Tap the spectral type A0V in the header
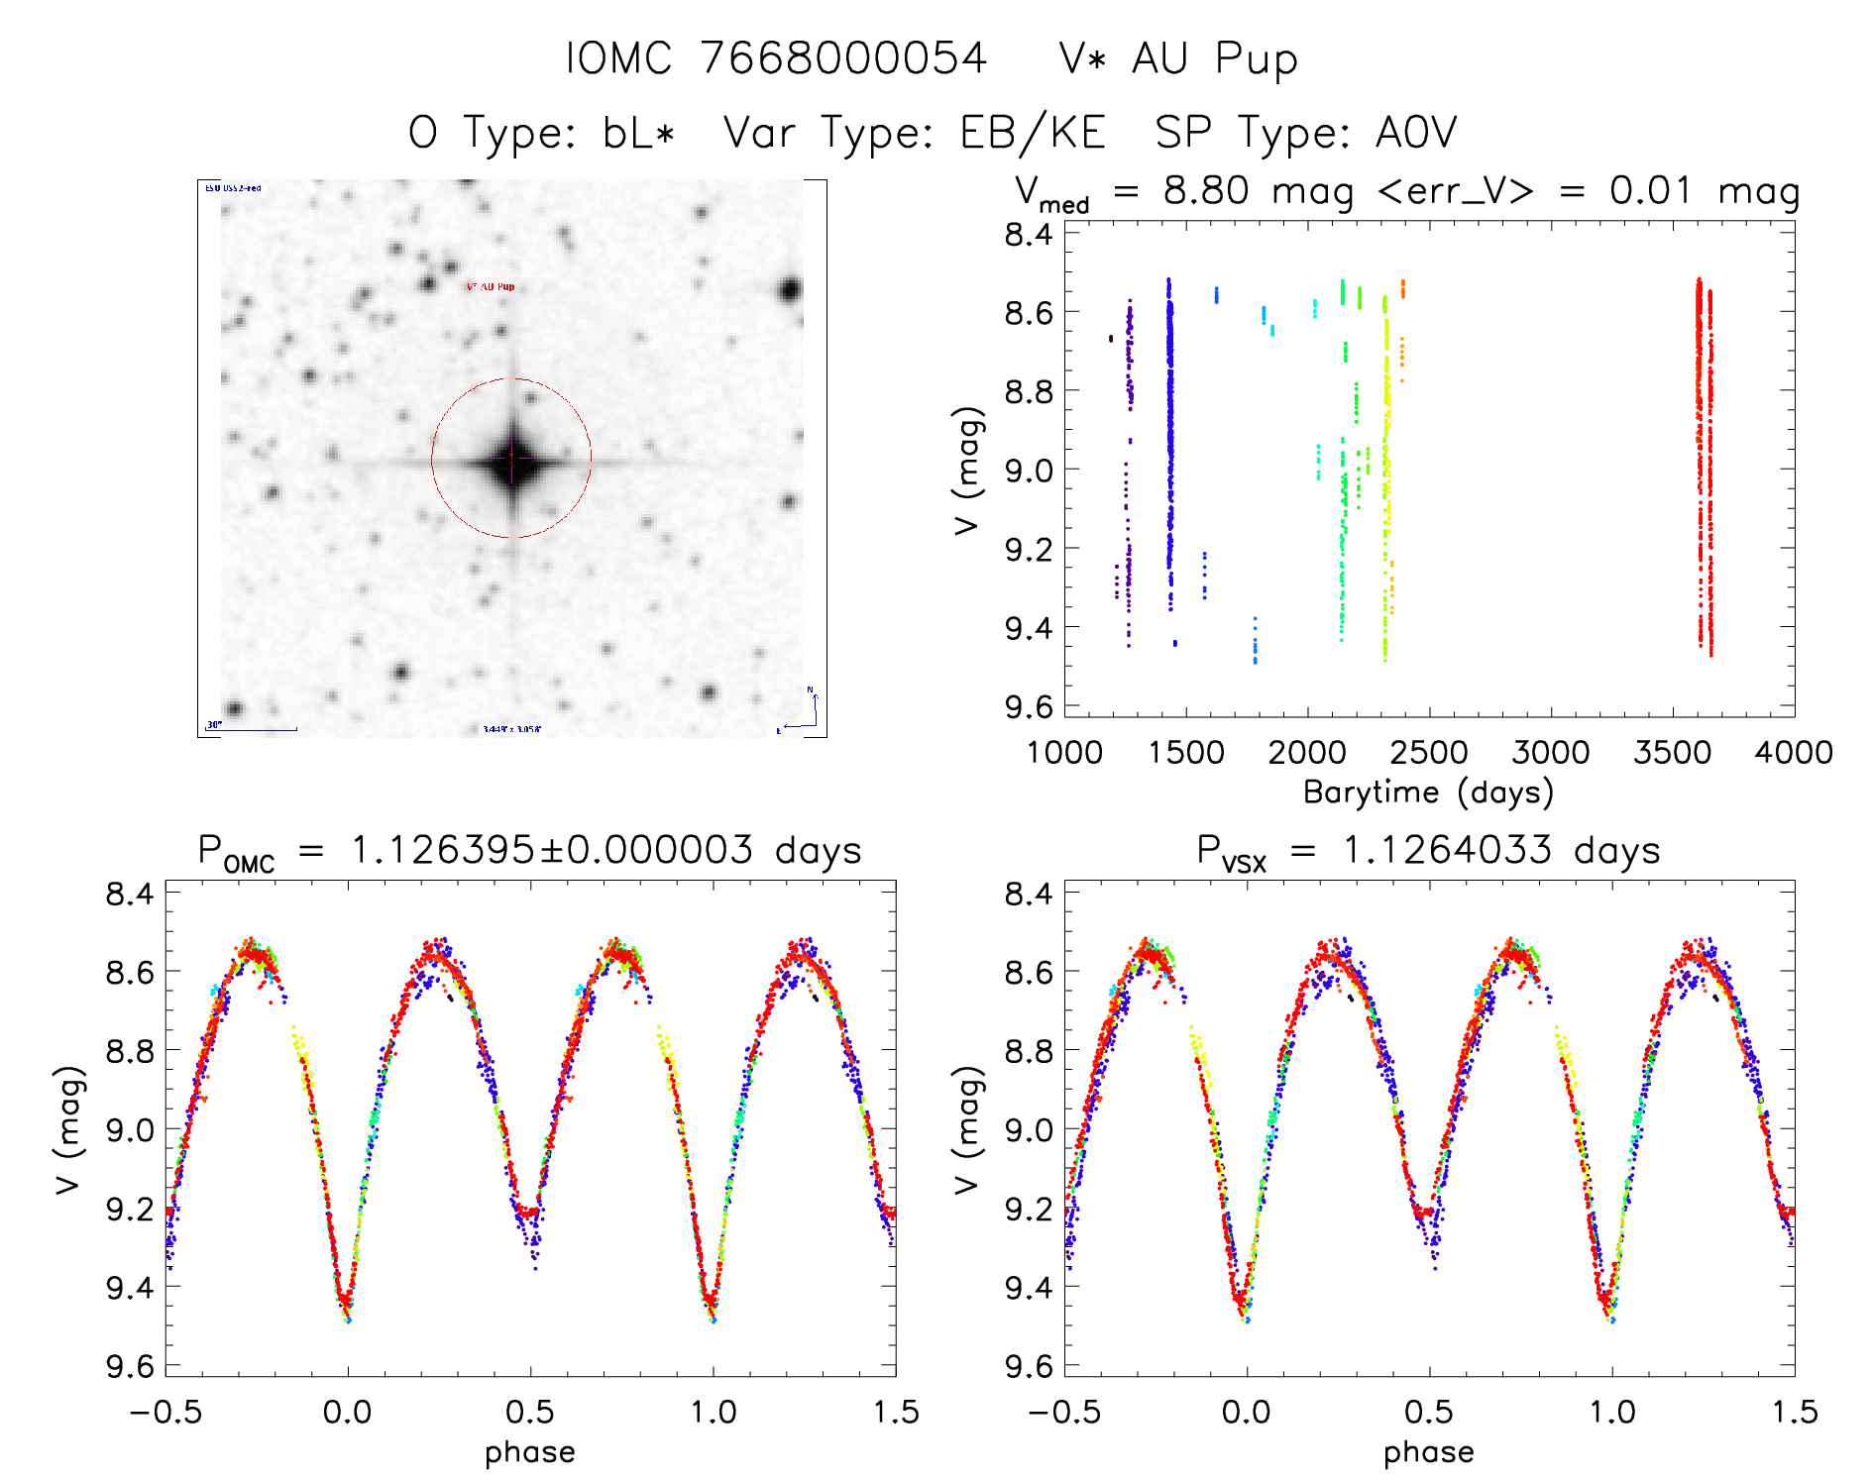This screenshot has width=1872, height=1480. tap(1416, 133)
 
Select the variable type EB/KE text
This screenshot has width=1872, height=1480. tap(1033, 133)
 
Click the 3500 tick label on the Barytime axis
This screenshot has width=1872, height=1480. tap(1672, 753)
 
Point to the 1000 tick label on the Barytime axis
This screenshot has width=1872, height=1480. tap(1064, 753)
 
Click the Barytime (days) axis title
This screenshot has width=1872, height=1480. tap(1428, 793)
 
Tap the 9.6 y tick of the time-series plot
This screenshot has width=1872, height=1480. tap(1029, 706)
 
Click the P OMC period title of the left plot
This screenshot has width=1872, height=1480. tap(529, 851)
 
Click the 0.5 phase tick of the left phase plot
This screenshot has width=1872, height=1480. tap(530, 1412)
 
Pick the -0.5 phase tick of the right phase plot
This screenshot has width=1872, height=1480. tap(1064, 1412)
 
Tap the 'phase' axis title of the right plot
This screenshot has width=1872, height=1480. tap(1428, 1452)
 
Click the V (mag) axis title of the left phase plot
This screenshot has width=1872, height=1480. tap(67, 1129)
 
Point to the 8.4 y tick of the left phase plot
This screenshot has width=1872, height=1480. tap(130, 894)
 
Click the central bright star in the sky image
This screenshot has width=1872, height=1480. tap(512, 459)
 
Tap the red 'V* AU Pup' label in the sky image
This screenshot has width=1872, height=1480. tap(491, 286)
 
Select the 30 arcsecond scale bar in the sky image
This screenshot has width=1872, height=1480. tap(253, 728)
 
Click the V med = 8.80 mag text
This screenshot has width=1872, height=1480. tap(1184, 191)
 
